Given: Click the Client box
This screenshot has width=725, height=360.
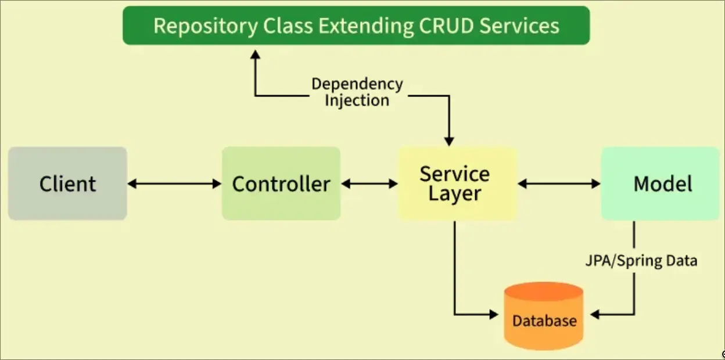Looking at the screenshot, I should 67,183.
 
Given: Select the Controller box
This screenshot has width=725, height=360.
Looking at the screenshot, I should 281,183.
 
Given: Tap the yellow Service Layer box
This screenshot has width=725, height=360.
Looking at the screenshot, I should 457,183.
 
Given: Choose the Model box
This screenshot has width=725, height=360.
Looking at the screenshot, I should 661,183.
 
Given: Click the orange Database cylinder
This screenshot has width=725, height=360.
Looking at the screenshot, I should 544,316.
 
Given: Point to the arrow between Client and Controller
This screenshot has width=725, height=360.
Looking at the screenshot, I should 174,183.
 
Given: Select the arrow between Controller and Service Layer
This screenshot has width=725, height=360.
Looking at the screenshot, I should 369,183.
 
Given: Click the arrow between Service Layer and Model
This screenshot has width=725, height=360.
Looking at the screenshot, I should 559,183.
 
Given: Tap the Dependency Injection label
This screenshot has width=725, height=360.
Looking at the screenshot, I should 357,92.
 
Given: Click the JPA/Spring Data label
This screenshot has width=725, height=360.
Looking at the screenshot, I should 641,261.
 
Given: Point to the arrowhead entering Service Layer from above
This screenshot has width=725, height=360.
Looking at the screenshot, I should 448,141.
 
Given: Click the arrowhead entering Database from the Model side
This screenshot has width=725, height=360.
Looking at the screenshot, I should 595,315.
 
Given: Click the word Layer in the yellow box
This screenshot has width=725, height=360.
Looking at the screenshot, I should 455,194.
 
